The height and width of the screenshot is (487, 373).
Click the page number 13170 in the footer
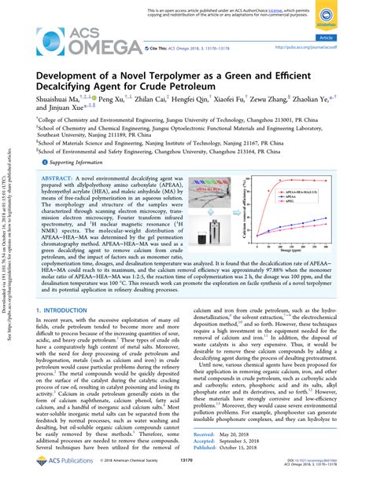pyautogui.click(x=186, y=473)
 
